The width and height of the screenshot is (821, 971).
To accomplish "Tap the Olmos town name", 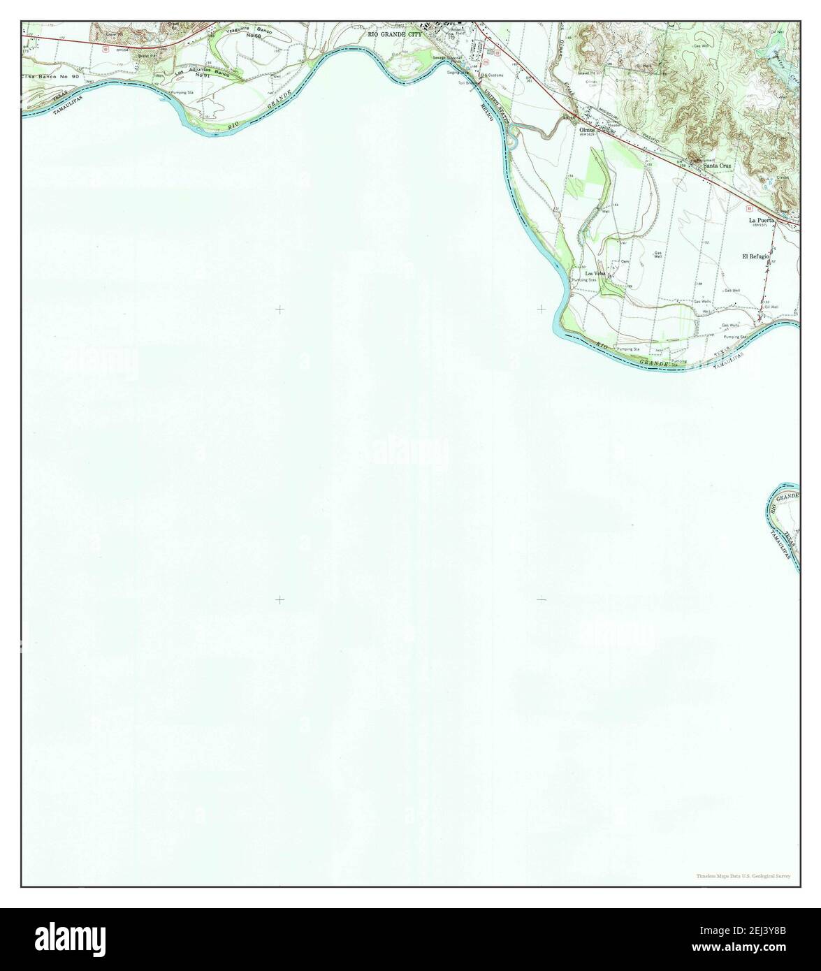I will (586, 131).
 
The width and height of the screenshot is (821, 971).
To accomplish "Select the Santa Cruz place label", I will (718, 166).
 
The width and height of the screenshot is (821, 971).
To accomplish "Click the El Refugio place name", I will (755, 257).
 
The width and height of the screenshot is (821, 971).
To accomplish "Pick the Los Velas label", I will (595, 272).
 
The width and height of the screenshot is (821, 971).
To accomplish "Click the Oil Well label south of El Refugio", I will (771, 306).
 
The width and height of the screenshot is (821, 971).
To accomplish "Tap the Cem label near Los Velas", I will (625, 261).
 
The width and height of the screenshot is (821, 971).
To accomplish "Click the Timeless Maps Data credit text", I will (743, 876).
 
